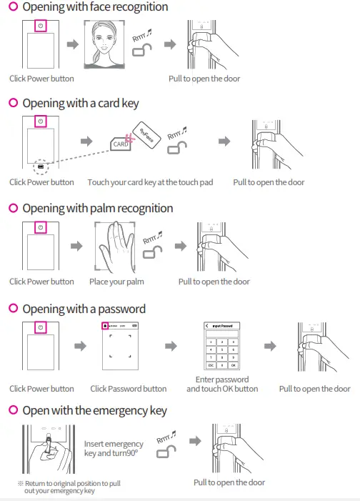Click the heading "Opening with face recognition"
click(95, 7)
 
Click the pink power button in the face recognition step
click(41, 24)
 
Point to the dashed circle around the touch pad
click(41, 167)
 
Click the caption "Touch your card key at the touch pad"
click(150, 182)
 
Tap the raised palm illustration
click(116, 247)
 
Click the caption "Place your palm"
click(116, 282)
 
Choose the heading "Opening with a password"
click(84, 309)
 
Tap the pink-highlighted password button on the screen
click(105, 326)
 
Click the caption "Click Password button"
click(129, 389)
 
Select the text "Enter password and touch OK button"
click(222, 384)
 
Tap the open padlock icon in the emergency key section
click(166, 451)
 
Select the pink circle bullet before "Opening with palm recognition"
click(13, 209)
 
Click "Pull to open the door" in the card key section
click(269, 182)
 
